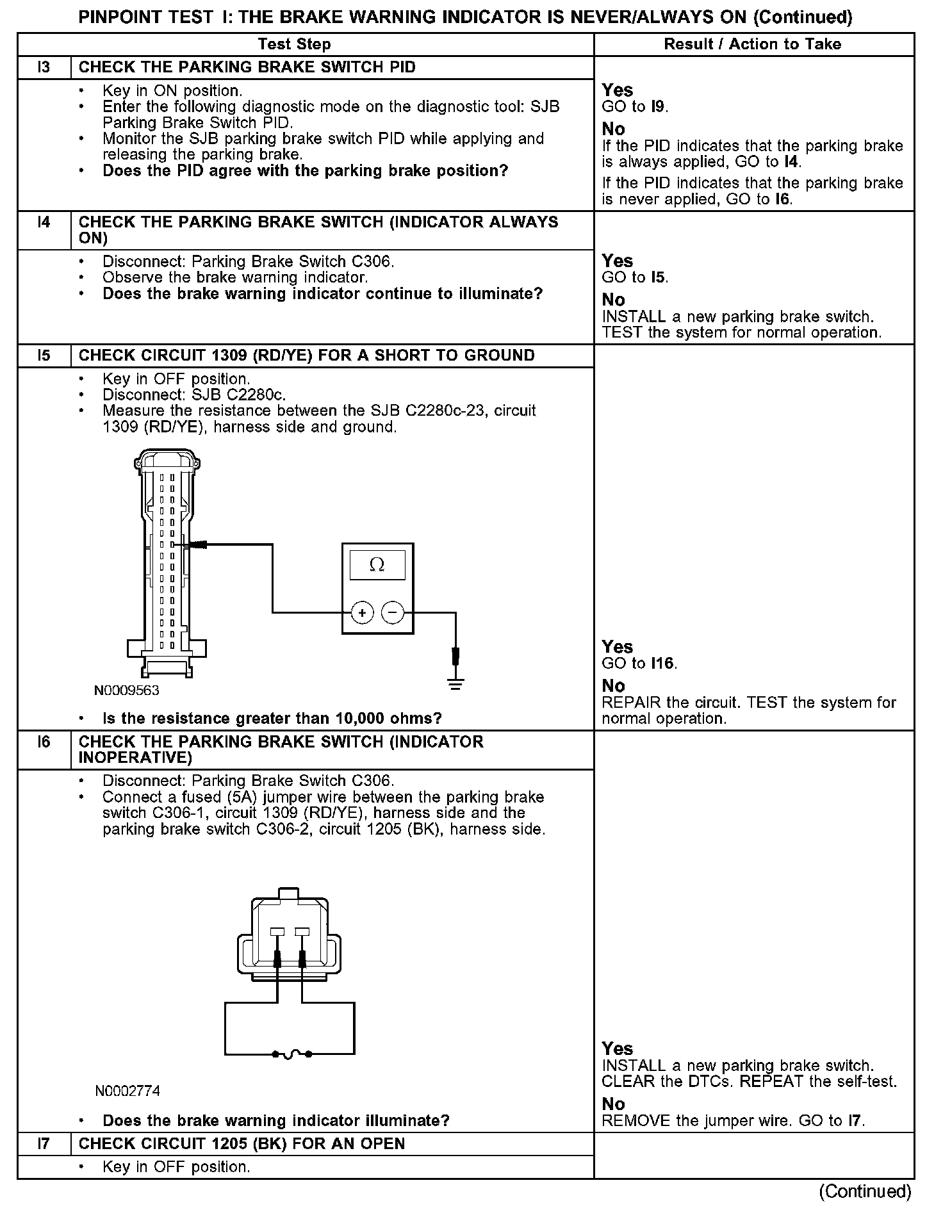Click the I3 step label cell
point(44,67)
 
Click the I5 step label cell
point(44,355)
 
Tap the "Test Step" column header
point(294,44)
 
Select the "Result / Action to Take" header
point(753,44)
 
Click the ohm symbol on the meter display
point(377,565)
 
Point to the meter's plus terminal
point(363,613)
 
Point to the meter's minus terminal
point(393,613)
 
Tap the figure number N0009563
point(126,690)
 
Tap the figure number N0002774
point(127,1091)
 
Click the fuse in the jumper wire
point(291,1054)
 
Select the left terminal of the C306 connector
point(277,932)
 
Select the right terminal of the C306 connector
point(302,932)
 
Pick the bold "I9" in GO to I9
point(658,107)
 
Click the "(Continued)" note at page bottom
point(865,1191)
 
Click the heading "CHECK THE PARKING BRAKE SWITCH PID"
point(247,67)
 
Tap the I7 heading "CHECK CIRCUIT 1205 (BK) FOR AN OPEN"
point(242,1143)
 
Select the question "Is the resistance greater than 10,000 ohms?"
point(272,719)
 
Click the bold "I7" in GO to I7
point(855,1121)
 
